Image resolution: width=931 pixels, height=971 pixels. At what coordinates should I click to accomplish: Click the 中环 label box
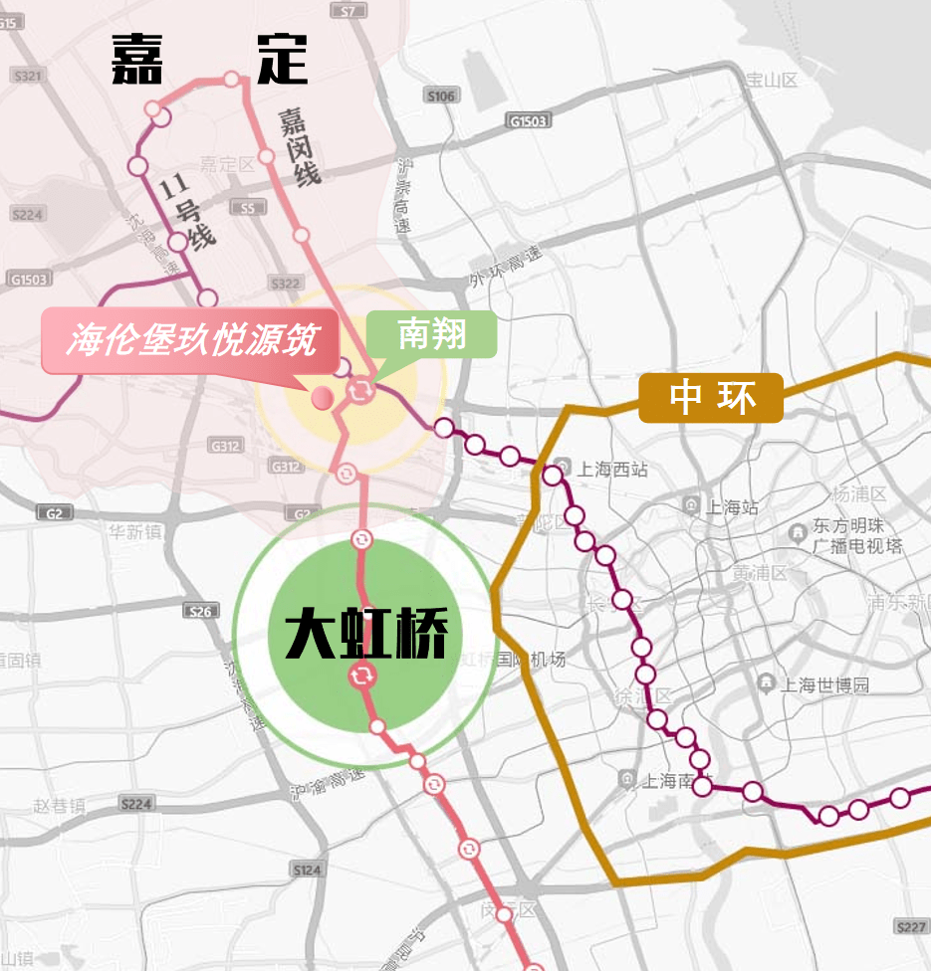tap(711, 398)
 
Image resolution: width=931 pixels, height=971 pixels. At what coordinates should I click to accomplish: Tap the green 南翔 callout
tap(431, 334)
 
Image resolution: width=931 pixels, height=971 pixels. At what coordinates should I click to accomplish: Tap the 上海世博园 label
tap(824, 684)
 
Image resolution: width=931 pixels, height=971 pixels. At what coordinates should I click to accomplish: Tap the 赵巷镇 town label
tap(59, 806)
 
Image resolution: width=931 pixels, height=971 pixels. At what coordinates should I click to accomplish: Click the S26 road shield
tap(201, 611)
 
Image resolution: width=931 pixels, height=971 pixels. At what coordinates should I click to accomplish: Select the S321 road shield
tap(27, 76)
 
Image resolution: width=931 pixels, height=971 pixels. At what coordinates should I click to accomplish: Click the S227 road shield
tap(910, 926)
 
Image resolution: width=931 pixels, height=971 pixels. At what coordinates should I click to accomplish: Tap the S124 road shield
tap(308, 870)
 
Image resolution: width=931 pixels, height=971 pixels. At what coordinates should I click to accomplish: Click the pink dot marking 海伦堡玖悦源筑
tap(322, 398)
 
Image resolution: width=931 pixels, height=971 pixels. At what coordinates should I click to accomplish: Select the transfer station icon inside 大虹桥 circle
tap(361, 678)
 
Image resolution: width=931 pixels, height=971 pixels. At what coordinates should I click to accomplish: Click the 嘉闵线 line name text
tap(300, 146)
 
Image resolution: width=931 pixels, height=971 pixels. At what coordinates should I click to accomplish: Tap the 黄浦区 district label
tap(760, 574)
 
